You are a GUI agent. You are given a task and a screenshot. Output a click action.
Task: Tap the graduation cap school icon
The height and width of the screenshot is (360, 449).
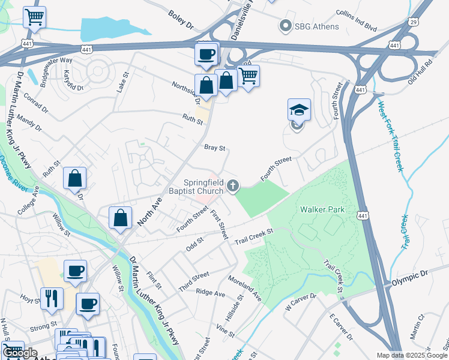click(x=299, y=110)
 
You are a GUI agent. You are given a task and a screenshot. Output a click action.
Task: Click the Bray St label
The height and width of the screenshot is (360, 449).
click(x=214, y=147)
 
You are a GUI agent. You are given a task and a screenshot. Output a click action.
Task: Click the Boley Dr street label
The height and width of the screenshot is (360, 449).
click(x=181, y=20)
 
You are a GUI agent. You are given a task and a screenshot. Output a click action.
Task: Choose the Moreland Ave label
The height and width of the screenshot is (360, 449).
click(x=245, y=288)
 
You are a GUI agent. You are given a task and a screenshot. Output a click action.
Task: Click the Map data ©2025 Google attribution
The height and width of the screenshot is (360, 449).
click(x=412, y=355)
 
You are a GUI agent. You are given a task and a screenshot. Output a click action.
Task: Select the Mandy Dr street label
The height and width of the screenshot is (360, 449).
click(x=29, y=123)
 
